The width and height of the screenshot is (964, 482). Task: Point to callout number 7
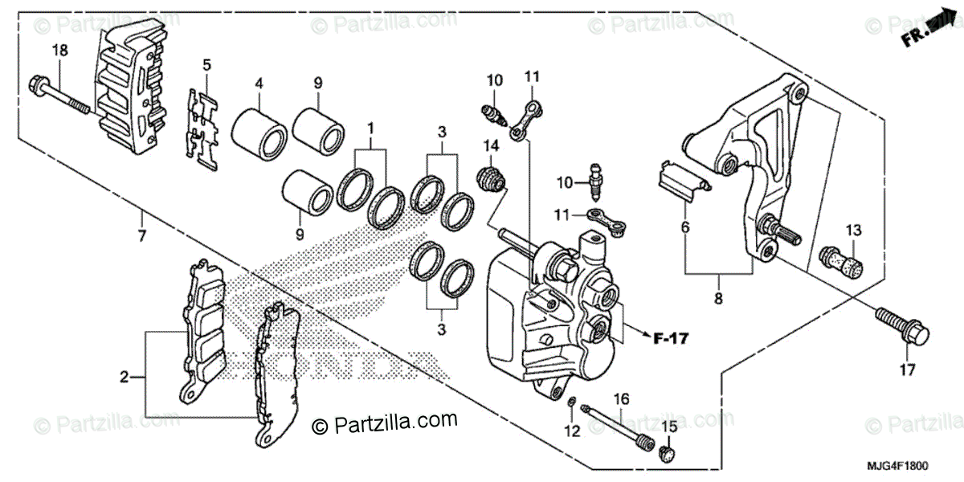141,236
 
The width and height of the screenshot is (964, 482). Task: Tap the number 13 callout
852,231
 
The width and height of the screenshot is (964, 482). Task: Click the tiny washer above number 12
571,402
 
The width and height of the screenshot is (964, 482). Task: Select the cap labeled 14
491,178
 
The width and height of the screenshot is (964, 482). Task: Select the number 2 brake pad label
125,375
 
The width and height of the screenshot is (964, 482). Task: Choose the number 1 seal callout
370,129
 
